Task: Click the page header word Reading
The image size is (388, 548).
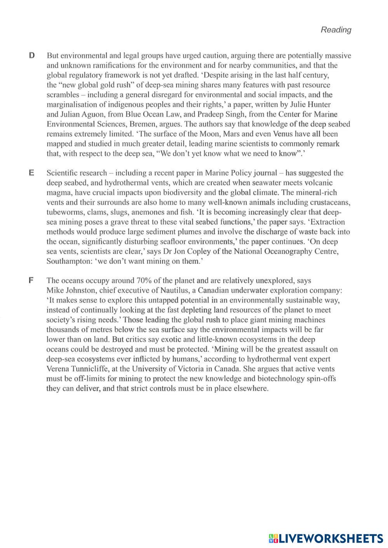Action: tap(336, 30)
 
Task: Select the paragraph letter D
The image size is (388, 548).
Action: tap(32, 56)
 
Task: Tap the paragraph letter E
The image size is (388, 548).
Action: tap(32, 173)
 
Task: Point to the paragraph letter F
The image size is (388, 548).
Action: tap(32, 280)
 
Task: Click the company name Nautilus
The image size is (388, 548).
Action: tap(168, 291)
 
